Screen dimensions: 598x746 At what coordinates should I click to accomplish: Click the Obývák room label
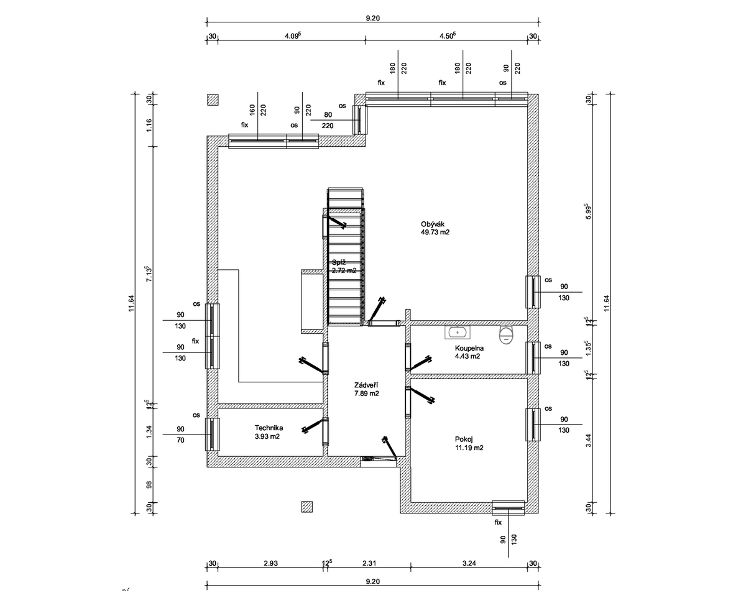[433, 224]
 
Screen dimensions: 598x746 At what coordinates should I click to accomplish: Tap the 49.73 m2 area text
[435, 232]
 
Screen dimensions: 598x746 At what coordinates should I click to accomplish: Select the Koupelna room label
[469, 349]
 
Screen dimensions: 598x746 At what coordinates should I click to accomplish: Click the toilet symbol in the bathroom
[508, 334]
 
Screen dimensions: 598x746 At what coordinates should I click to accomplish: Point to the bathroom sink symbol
[458, 333]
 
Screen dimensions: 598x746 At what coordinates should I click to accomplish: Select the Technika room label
[269, 428]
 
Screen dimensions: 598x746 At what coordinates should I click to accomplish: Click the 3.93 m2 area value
[267, 436]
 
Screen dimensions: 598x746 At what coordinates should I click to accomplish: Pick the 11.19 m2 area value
[469, 448]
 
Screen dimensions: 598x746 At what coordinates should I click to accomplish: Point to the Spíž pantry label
[339, 262]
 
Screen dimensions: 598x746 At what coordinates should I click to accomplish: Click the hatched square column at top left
[213, 99]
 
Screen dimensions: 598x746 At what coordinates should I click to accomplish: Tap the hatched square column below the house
[306, 507]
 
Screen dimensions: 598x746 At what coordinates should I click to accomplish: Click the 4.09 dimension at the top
[292, 35]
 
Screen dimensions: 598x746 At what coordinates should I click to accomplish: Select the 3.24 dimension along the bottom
[469, 563]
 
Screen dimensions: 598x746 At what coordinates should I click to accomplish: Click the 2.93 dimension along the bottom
[270, 563]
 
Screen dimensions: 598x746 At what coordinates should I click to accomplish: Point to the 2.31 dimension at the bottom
[370, 563]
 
